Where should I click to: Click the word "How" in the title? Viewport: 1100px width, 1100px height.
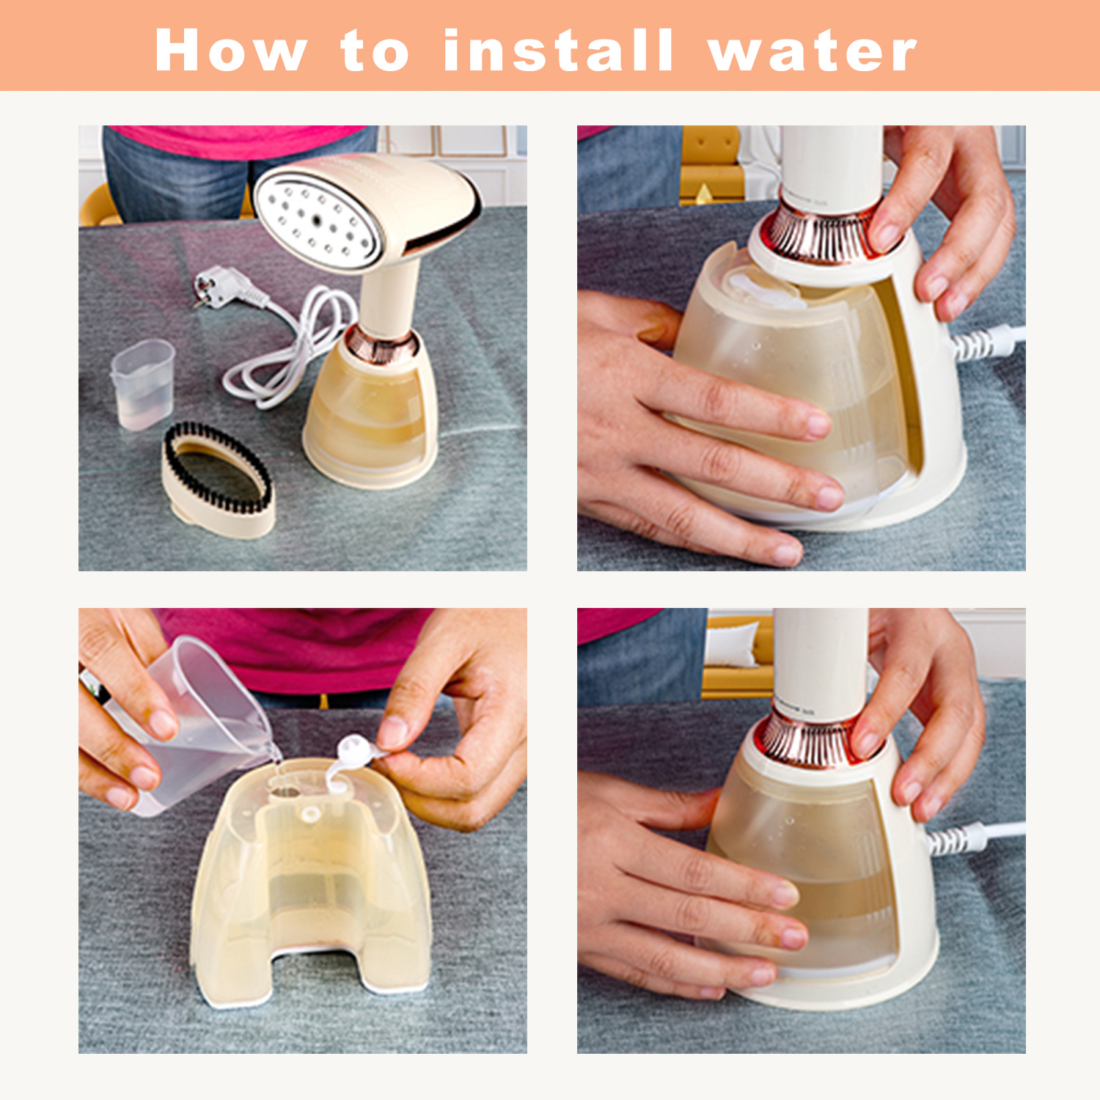tap(230, 50)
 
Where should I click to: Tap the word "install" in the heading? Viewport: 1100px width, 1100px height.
tap(559, 50)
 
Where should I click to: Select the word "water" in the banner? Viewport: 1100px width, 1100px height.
tap(813, 51)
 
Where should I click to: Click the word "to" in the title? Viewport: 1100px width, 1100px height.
tap(375, 51)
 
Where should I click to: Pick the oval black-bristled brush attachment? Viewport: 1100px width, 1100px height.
tap(219, 479)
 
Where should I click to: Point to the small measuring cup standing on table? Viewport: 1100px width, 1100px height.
tap(142, 384)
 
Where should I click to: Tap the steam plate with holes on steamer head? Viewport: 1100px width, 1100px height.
tap(318, 219)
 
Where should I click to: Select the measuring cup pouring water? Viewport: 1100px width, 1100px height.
tap(188, 726)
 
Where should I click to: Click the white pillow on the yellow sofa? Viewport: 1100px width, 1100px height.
tap(733, 645)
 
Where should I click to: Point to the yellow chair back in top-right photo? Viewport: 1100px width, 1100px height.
tap(711, 164)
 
